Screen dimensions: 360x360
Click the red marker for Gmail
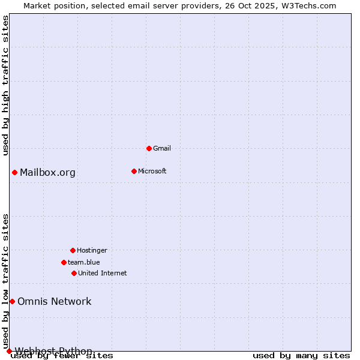pyautogui.click(x=149, y=148)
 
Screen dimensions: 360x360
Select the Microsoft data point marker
pyautogui.click(x=134, y=171)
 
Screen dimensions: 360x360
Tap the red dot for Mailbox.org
pyautogui.click(x=14, y=173)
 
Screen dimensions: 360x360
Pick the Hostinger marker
pyautogui.click(x=73, y=250)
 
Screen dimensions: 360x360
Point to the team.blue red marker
pyautogui.click(x=64, y=262)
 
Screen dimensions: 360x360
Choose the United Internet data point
pyautogui.click(x=74, y=273)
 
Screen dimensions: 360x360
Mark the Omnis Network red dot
pyautogui.click(x=12, y=301)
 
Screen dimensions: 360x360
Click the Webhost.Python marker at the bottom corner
pyautogui.click(x=9, y=351)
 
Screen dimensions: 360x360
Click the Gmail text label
pyautogui.click(x=162, y=148)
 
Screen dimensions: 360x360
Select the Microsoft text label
pyautogui.click(x=152, y=171)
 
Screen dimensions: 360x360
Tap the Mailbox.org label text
pyautogui.click(x=47, y=173)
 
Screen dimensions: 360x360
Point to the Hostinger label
pyautogui.click(x=92, y=250)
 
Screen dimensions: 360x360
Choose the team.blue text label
pyautogui.click(x=83, y=262)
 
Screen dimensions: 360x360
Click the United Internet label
pyautogui.click(x=102, y=273)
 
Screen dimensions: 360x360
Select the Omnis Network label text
pyautogui.click(x=54, y=301)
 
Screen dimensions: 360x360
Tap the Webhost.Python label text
pyautogui.click(x=53, y=350)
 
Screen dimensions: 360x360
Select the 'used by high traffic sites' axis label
pyautogui.click(x=6, y=85)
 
